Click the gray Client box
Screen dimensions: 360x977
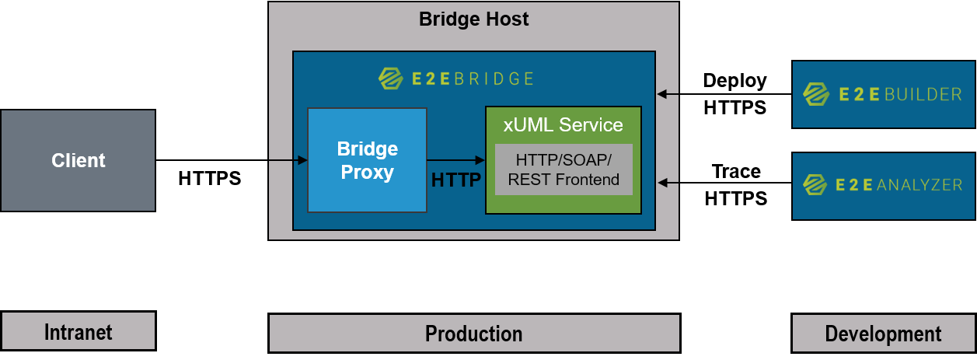(x=78, y=160)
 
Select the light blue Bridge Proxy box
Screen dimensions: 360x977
(x=367, y=160)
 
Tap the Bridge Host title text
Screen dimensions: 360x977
(x=473, y=19)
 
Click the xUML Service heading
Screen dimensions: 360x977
(x=563, y=124)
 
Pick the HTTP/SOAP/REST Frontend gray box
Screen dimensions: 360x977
(x=564, y=170)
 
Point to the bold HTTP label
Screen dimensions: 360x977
(x=455, y=180)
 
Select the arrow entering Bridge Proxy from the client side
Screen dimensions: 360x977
(x=289, y=161)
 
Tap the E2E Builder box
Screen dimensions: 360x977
(x=884, y=95)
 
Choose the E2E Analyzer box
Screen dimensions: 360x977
(x=884, y=185)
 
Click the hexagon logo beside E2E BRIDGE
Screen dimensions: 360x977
(x=389, y=78)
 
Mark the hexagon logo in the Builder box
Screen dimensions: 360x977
(x=815, y=95)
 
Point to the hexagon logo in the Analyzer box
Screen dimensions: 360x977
(x=815, y=185)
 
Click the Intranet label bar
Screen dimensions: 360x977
(x=78, y=332)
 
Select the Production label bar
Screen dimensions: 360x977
(x=473, y=334)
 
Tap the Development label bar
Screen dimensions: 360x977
(x=884, y=334)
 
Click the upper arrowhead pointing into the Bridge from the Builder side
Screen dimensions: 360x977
(x=662, y=94)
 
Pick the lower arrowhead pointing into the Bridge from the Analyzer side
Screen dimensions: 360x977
(x=663, y=183)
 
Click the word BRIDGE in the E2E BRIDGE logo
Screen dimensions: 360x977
(x=495, y=79)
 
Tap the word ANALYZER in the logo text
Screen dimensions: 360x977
(x=919, y=185)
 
